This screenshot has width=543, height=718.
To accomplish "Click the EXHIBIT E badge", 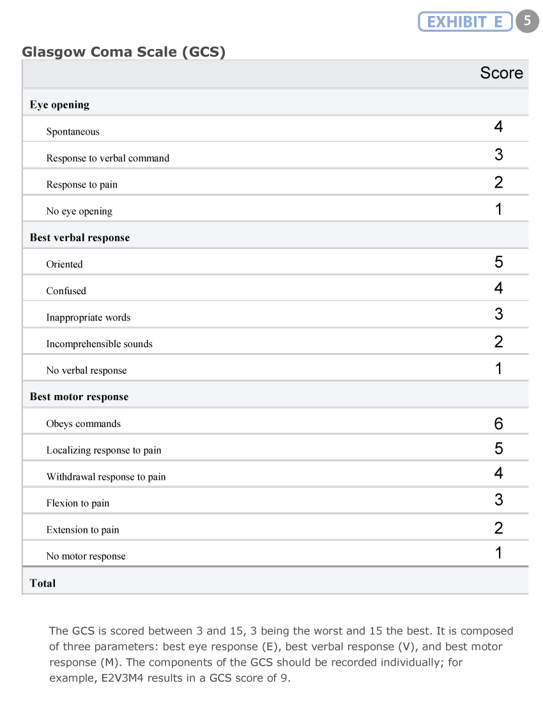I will click(465, 22).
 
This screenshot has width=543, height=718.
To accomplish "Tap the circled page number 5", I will click(527, 21).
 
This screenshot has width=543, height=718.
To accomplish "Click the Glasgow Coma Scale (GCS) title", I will click(124, 52).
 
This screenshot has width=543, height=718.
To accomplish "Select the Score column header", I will click(501, 73).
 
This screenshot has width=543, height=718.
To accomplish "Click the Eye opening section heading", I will click(59, 105).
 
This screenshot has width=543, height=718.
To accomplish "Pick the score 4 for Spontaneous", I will click(498, 127).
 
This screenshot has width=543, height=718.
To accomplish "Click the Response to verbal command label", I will click(107, 158).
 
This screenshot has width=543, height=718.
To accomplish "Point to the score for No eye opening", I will click(498, 209).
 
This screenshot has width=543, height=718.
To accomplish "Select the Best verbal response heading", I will click(79, 237).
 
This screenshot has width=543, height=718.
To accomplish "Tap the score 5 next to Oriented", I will click(498, 262).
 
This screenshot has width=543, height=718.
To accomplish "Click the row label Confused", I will click(66, 291).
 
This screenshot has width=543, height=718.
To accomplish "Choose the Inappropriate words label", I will click(88, 317).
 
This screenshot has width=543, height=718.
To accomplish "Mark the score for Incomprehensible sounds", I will click(498, 342).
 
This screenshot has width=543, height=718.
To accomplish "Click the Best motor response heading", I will click(79, 397).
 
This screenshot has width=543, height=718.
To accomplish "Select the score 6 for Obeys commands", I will click(498, 424).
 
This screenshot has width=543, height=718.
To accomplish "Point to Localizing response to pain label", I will click(103, 451).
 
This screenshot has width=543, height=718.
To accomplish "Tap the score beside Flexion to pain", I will click(498, 500).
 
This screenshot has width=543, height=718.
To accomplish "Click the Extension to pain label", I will click(82, 530).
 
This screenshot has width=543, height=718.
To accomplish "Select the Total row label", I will click(42, 583).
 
